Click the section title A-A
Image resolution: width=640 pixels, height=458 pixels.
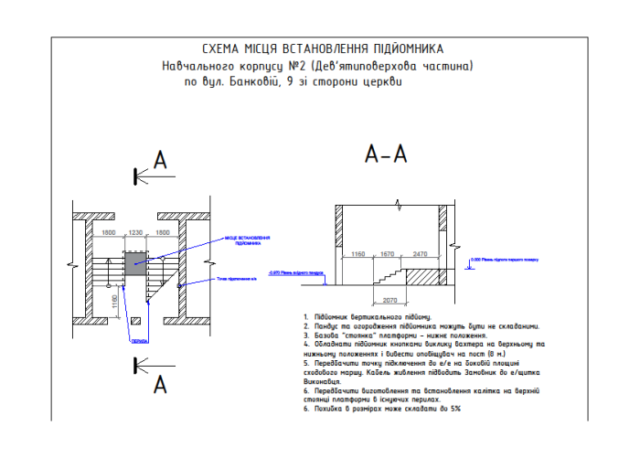click(386, 155)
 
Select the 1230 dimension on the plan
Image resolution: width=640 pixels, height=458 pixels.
click(136, 233)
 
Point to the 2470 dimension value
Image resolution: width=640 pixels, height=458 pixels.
click(420, 253)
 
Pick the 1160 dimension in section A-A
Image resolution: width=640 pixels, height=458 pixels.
click(358, 253)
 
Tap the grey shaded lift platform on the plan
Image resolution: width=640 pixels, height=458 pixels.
click(136, 266)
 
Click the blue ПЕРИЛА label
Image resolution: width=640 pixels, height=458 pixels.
click(112, 340)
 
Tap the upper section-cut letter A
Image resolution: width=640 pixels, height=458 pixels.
click(160, 162)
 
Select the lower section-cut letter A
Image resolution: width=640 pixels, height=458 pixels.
click(160, 385)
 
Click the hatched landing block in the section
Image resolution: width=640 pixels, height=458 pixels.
click(421, 275)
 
